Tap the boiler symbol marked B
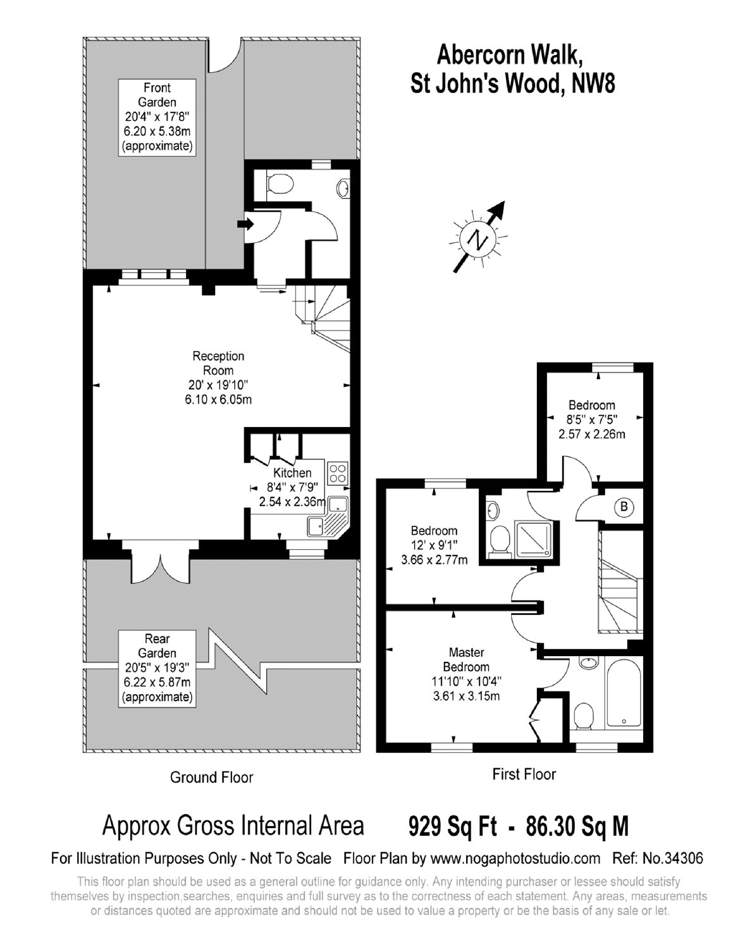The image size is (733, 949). pyautogui.click(x=624, y=507)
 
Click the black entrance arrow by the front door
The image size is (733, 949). pyautogui.click(x=245, y=224)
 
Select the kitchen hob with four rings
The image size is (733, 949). pyautogui.click(x=338, y=474)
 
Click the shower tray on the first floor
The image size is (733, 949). pyautogui.click(x=534, y=539)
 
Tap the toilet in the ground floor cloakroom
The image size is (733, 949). pyautogui.click(x=278, y=184)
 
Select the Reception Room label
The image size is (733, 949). pyautogui.click(x=218, y=363)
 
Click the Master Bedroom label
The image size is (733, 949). pyautogui.click(x=466, y=660)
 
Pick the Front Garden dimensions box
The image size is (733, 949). pyautogui.click(x=157, y=117)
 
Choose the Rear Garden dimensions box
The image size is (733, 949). pyautogui.click(x=157, y=668)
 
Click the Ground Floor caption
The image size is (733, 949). pyautogui.click(x=212, y=778)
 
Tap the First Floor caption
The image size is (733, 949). pyautogui.click(x=524, y=774)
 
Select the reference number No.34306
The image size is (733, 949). pyautogui.click(x=673, y=858)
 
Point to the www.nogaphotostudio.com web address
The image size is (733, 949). pyautogui.click(x=515, y=859)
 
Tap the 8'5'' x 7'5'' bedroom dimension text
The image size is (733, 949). pyautogui.click(x=591, y=419)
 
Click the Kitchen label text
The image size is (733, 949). pyautogui.click(x=292, y=473)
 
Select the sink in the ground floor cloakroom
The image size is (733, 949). pyautogui.click(x=343, y=189)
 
